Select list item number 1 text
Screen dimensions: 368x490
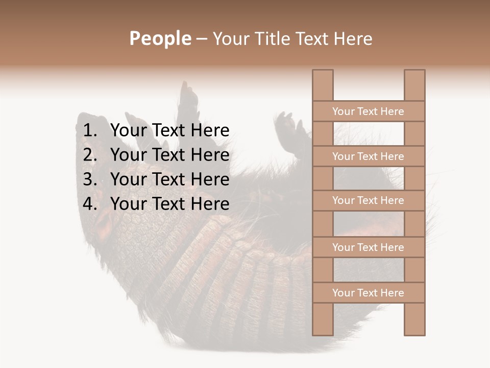(x=169, y=131)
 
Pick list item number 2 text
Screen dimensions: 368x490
(x=169, y=155)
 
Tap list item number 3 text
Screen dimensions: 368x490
(x=169, y=179)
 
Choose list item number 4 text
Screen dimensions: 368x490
(x=169, y=204)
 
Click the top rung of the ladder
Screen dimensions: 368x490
(x=368, y=111)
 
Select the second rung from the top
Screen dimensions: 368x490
(x=368, y=156)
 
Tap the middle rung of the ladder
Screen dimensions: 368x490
(x=368, y=200)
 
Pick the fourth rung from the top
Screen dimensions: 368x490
(x=368, y=247)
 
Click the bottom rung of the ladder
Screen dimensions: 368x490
(x=368, y=293)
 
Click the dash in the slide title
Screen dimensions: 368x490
(x=202, y=39)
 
